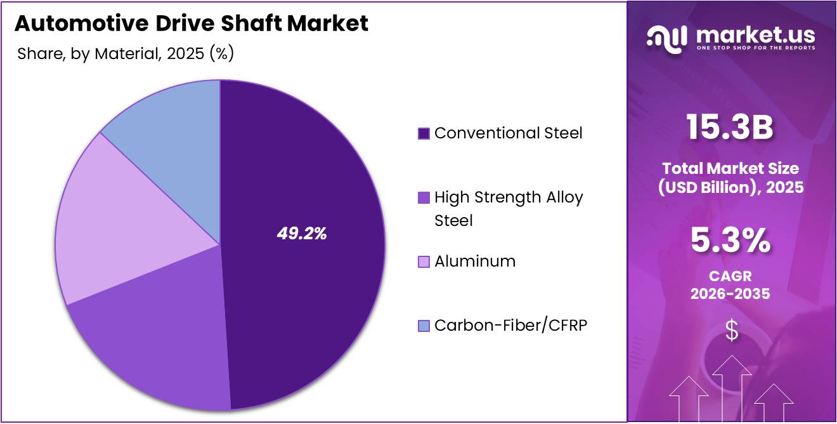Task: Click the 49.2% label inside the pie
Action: [301, 234]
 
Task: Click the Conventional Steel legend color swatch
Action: [424, 133]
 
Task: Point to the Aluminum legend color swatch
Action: [424, 262]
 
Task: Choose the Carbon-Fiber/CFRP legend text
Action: [510, 326]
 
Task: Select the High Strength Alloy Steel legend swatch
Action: [424, 197]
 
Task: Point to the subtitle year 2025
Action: [185, 54]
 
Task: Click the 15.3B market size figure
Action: [731, 128]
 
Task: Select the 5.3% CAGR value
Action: [731, 242]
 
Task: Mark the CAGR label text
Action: [731, 277]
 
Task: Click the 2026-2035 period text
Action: [731, 294]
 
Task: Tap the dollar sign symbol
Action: [732, 331]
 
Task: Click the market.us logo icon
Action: [666, 38]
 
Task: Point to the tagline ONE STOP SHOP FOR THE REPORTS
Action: [755, 48]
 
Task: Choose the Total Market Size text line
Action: [731, 168]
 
